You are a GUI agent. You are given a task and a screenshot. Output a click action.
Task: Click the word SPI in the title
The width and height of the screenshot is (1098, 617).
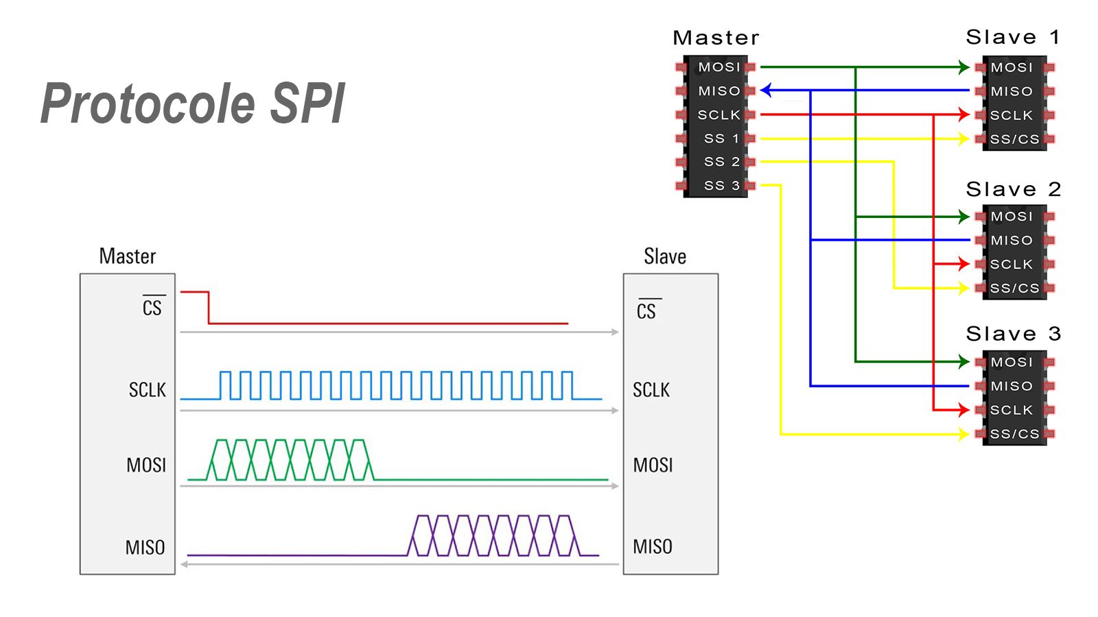(x=307, y=104)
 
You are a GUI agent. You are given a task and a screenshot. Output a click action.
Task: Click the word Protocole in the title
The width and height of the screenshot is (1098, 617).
(x=148, y=104)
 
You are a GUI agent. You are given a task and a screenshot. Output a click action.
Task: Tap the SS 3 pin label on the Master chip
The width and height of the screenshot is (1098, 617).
(x=721, y=186)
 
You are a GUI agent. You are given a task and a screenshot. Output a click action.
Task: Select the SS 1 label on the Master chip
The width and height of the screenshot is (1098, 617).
(x=721, y=138)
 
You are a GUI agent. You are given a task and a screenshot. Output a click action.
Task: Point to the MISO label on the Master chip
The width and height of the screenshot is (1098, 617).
(x=719, y=91)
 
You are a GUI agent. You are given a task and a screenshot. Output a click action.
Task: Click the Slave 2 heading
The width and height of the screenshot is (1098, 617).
(x=1013, y=189)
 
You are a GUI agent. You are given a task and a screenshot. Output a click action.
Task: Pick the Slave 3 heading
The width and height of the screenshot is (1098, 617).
(x=1013, y=334)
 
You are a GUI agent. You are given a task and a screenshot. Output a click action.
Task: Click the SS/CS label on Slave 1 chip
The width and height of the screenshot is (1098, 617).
(x=1014, y=139)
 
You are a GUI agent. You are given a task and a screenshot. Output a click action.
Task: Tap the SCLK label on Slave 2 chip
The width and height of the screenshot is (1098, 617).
(x=1011, y=265)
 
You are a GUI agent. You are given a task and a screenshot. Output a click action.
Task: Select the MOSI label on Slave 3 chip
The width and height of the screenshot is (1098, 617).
(x=1012, y=362)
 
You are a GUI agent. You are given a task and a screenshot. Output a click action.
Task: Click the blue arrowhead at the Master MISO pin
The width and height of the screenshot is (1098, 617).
(x=766, y=90)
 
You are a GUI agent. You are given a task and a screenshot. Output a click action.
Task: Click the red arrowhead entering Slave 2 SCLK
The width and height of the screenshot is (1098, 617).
(x=964, y=264)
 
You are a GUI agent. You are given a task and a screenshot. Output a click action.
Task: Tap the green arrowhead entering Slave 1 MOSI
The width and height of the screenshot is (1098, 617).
(x=964, y=67)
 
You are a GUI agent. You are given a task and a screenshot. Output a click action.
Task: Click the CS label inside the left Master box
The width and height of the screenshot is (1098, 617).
(x=152, y=308)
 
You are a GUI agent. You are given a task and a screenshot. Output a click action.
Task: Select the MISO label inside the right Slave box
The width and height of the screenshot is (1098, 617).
(x=653, y=547)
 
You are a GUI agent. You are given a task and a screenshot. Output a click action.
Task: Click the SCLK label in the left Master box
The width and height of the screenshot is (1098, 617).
(x=148, y=390)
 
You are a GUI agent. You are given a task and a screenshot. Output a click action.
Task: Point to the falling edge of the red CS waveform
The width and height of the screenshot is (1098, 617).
(x=209, y=307)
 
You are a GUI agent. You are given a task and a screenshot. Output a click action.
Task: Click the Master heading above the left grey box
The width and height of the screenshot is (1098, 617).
(x=128, y=256)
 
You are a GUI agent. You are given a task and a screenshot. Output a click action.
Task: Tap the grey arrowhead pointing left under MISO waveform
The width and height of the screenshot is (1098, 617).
(x=185, y=564)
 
